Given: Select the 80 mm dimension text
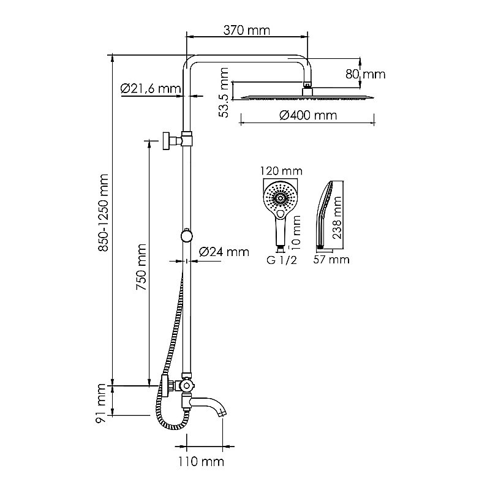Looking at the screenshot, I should tap(366, 74).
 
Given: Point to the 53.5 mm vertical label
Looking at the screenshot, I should tap(225, 93).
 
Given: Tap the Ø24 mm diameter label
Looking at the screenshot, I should tap(224, 251).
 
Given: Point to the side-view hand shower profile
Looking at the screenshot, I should tap(323, 214).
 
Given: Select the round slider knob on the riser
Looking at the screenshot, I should tap(186, 236).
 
